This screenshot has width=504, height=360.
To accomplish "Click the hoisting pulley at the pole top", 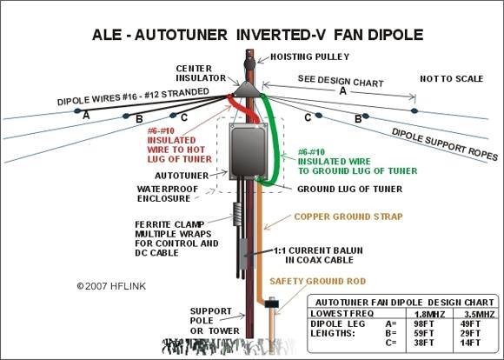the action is click(249, 63).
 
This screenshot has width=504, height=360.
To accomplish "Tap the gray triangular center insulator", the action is click(247, 90).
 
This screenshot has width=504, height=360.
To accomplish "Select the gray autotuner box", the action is click(249, 151).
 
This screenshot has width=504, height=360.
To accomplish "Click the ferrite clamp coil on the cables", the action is click(237, 214).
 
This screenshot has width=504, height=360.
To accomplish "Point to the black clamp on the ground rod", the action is click(272, 303).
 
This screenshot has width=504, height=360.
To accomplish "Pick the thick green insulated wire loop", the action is click(273, 142).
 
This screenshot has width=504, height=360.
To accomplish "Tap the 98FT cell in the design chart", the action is click(424, 323).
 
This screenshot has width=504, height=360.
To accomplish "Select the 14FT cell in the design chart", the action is click(470, 343).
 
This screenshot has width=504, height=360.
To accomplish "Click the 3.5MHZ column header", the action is click(480, 314).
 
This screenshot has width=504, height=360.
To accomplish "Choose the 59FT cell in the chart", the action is click(424, 333).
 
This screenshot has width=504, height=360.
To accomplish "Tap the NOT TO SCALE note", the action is click(452, 79).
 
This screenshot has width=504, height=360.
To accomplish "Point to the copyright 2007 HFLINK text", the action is click(111, 286).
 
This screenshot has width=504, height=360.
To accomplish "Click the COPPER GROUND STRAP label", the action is click(348, 217).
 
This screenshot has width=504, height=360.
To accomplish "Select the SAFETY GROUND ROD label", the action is click(318, 281).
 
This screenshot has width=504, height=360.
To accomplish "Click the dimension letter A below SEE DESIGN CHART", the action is click(343, 91).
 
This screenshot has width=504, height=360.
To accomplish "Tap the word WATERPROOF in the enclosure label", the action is click(168, 190).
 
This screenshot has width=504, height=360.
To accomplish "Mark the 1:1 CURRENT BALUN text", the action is click(318, 250).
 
